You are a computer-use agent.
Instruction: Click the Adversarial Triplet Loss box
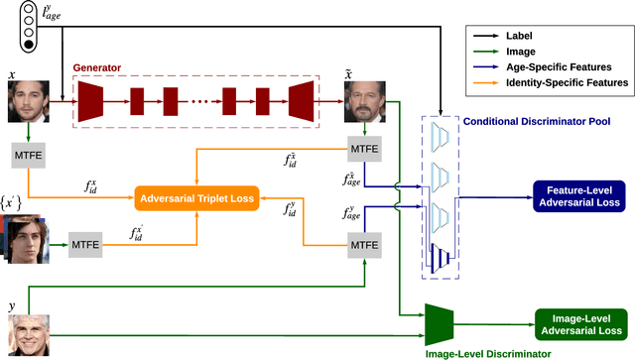click(196, 199)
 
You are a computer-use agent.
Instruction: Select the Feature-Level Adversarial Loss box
click(578, 195)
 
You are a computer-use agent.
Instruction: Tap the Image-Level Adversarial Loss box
click(580, 324)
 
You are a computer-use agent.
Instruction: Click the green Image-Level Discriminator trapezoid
click(439, 319)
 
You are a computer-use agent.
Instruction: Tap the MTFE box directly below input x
click(30, 156)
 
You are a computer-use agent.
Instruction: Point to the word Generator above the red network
click(97, 68)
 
